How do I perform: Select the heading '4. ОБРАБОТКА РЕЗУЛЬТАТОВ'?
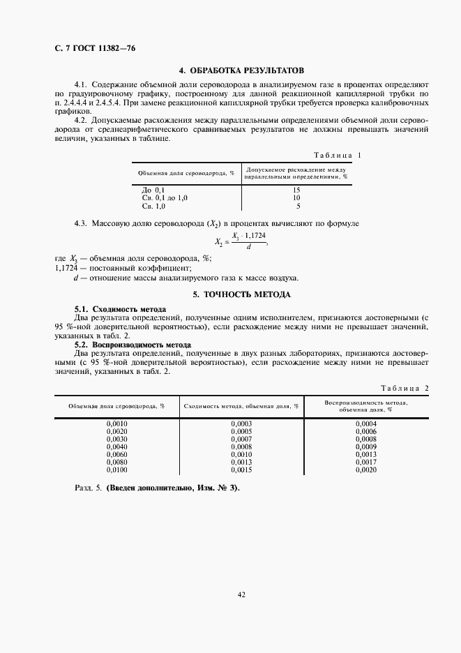pos(241,71)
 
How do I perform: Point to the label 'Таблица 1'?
pos(338,155)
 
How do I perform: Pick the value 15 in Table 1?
pos(296,190)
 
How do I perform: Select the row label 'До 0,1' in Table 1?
pos(153,190)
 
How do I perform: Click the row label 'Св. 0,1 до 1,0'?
pos(165,198)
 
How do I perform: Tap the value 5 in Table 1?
pos(298,207)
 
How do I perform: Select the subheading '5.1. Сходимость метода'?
pos(120,308)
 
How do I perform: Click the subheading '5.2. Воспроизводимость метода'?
pos(133,345)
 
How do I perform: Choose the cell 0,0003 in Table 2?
pos(241,423)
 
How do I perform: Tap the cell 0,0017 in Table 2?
pos(366,462)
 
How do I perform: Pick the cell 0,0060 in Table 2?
pos(116,454)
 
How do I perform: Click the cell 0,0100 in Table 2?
pos(116,470)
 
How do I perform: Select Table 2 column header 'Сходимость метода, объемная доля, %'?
pos(241,405)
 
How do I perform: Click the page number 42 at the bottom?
pos(241,595)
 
